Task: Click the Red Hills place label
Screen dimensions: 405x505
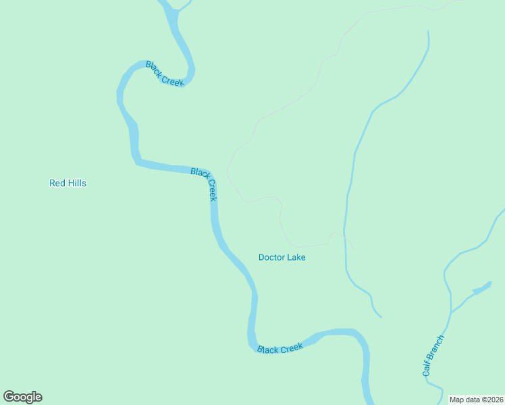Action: click(68, 183)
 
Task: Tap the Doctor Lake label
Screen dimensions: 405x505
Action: click(282, 257)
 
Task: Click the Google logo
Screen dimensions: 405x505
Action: click(22, 397)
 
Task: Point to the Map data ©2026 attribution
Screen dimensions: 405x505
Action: click(476, 400)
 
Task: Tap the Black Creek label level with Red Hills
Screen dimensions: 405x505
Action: click(204, 184)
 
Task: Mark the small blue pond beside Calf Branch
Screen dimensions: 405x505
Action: click(481, 290)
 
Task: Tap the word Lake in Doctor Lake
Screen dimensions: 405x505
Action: click(296, 257)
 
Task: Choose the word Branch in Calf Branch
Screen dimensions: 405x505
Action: click(437, 346)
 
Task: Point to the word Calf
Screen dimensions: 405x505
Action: click(427, 369)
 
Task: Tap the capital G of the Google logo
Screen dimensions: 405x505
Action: click(9, 397)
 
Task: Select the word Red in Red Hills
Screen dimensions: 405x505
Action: click(57, 183)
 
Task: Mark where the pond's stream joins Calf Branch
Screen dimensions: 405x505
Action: click(450, 313)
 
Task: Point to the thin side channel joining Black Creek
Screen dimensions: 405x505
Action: click(174, 9)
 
